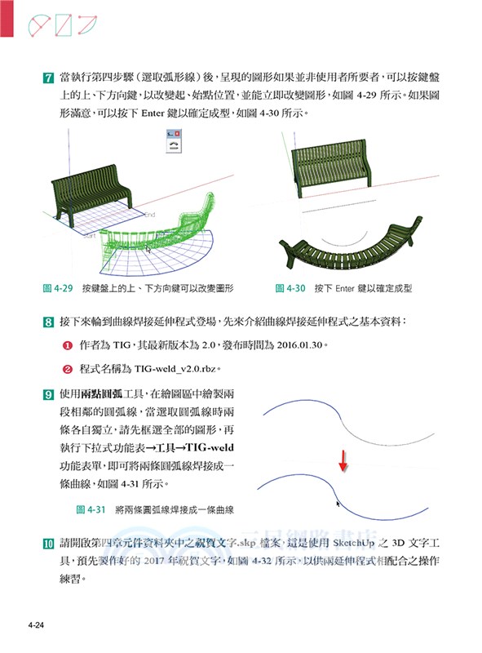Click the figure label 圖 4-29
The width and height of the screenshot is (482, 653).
click(x=58, y=288)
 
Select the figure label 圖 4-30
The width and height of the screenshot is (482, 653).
click(x=290, y=288)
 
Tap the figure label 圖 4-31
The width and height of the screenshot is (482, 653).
click(x=91, y=509)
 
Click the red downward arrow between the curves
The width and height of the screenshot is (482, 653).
click(x=343, y=460)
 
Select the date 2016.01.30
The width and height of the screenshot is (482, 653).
click(x=291, y=346)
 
